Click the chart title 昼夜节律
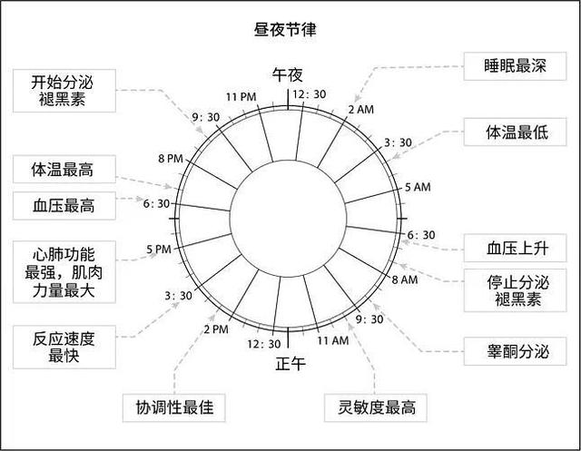click(x=285, y=30)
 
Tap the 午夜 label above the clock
click(x=288, y=75)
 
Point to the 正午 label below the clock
click(x=290, y=364)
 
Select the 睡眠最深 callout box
click(x=515, y=66)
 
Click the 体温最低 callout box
click(x=515, y=132)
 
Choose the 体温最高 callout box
click(x=64, y=169)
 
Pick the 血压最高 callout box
click(x=64, y=205)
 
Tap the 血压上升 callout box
click(x=515, y=248)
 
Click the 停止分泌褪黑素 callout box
click(x=515, y=290)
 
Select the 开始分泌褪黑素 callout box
click(x=64, y=91)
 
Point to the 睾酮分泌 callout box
click(x=515, y=351)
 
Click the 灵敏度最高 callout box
click(x=376, y=407)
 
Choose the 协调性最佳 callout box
click(x=174, y=407)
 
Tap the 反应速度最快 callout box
click(x=64, y=347)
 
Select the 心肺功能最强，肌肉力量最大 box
click(x=64, y=272)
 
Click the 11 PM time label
click(x=241, y=97)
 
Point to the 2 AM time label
click(x=361, y=110)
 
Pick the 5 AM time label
click(x=418, y=187)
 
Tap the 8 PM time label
click(x=171, y=159)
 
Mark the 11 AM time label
click(x=333, y=340)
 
